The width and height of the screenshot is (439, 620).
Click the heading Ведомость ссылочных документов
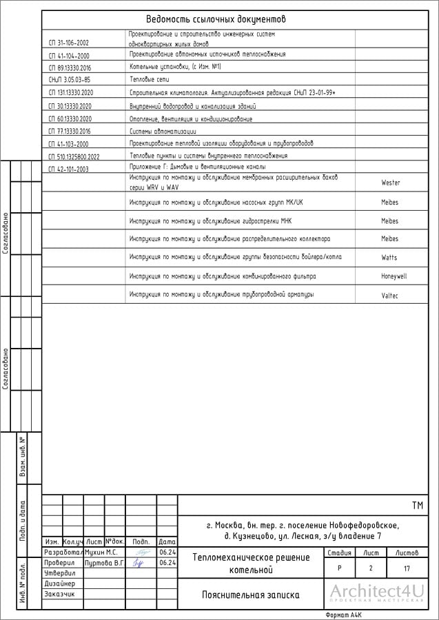click(216, 19)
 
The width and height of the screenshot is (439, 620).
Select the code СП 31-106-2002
click(69, 43)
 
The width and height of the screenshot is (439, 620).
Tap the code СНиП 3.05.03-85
click(70, 80)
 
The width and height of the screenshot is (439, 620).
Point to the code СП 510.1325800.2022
click(74, 156)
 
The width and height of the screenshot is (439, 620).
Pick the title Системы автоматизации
click(163, 130)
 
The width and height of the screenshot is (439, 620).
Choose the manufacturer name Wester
click(390, 183)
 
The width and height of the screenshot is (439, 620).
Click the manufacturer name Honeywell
click(394, 276)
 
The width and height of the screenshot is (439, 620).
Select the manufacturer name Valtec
click(390, 295)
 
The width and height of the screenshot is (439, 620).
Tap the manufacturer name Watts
click(389, 258)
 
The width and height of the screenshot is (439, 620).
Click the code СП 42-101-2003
click(69, 169)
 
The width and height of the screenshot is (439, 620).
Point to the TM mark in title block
click(417, 506)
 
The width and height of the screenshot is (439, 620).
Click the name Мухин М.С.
click(101, 552)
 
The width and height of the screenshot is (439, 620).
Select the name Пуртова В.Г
click(103, 563)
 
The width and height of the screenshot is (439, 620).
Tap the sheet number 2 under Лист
click(371, 569)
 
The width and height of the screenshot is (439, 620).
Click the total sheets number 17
click(407, 569)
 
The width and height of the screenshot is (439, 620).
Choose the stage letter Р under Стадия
click(339, 569)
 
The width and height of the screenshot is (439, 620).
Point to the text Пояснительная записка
click(250, 595)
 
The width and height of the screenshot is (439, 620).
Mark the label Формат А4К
click(343, 614)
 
